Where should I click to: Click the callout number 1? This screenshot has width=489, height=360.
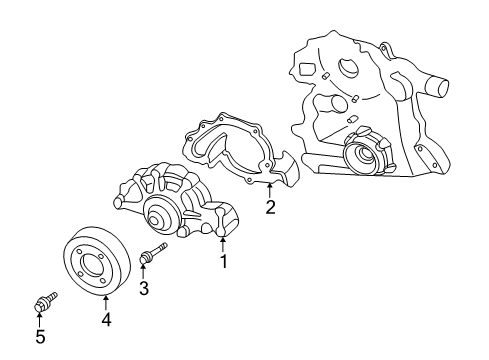coord(224,262)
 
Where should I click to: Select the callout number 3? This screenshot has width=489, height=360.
coord(144,290)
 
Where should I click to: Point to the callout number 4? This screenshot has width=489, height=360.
coord(105,320)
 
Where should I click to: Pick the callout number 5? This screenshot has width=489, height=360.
coord(40,337)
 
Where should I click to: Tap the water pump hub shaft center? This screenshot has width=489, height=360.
coord(158,213)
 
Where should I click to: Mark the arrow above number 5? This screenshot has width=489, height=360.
coord(40,318)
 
